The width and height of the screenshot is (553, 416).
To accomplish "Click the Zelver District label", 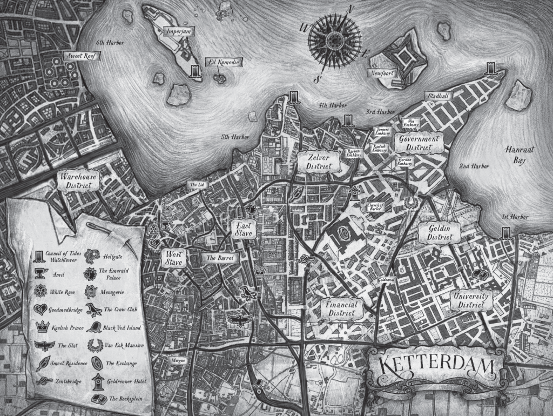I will (x=319, y=161).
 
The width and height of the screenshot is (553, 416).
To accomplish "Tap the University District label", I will (x=470, y=301).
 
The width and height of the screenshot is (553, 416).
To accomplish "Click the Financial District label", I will (x=341, y=309).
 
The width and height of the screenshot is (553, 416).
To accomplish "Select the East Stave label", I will (x=242, y=229).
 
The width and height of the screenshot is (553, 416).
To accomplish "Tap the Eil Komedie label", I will (x=223, y=63).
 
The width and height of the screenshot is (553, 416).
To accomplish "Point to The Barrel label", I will (x=220, y=258).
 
